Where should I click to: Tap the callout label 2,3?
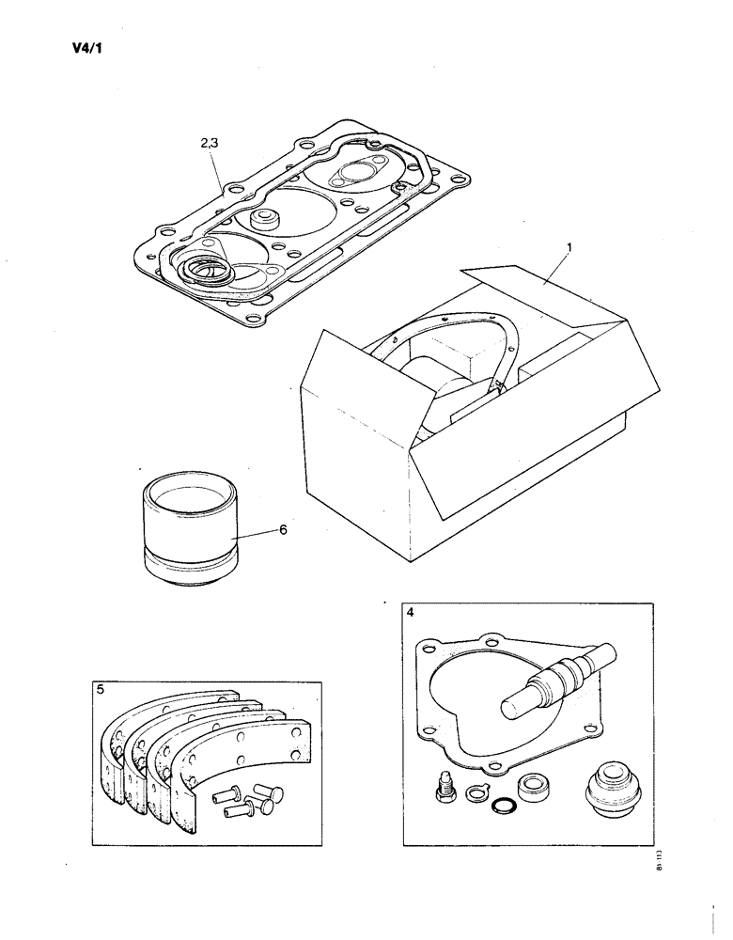click(x=211, y=144)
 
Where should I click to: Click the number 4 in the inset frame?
click(x=411, y=614)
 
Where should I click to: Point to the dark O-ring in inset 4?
click(x=506, y=806)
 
